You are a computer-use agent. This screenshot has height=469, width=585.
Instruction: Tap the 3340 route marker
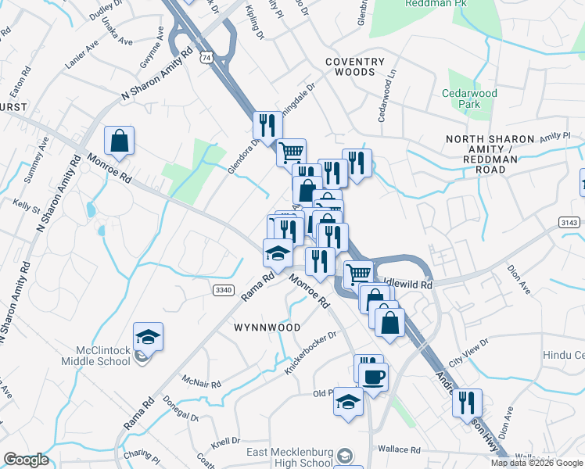click(224, 290)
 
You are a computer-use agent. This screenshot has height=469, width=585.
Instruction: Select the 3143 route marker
click(570, 224)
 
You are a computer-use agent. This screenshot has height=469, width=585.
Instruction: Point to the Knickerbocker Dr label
click(310, 351)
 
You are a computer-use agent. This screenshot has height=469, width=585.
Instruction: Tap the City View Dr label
click(468, 353)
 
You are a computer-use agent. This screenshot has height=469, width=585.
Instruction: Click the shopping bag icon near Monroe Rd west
click(119, 141)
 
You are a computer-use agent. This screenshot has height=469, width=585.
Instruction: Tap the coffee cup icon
click(374, 377)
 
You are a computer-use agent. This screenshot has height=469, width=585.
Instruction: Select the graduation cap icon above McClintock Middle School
click(148, 337)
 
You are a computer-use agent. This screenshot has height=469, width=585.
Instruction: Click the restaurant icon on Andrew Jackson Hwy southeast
click(467, 403)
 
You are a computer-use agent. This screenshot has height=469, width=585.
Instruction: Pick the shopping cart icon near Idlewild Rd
click(358, 274)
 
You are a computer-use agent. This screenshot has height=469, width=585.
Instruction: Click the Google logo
click(25, 460)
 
